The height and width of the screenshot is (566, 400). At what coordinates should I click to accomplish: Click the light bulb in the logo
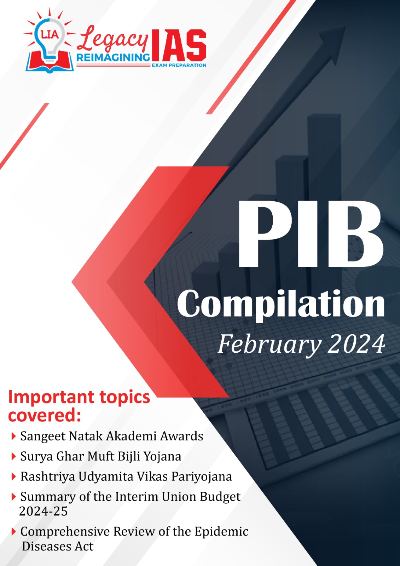50,40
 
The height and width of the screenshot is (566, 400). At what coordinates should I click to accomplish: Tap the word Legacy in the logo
112,40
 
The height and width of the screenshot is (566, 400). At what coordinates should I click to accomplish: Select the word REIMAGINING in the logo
113,58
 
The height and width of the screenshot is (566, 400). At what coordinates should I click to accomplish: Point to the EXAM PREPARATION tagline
179,65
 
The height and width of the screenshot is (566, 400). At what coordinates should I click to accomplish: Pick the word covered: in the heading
45,416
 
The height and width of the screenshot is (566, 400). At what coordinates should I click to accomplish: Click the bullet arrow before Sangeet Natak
14,437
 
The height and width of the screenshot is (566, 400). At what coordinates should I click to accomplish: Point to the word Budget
220,497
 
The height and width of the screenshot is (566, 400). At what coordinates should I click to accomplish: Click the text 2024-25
43,511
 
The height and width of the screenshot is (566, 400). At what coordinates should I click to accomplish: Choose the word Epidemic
221,532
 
